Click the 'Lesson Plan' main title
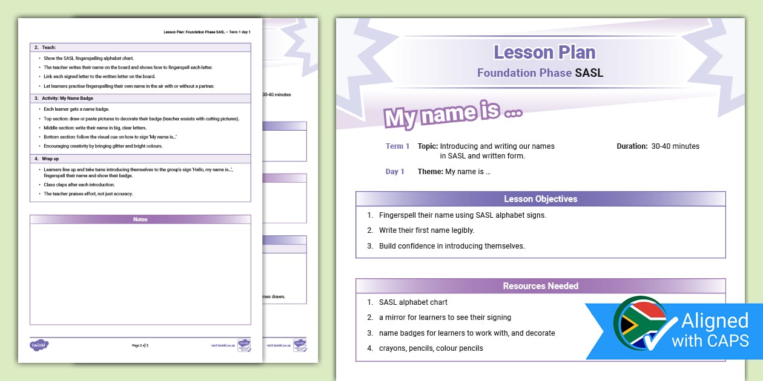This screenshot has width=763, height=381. click(x=544, y=53)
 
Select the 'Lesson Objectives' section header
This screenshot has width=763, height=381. click(x=540, y=199)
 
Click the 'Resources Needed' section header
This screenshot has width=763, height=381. click(x=540, y=286)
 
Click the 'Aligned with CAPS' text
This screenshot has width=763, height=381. click(x=715, y=330)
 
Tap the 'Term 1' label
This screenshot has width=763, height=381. click(x=398, y=146)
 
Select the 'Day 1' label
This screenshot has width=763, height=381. click(x=395, y=172)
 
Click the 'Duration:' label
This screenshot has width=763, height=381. click(x=632, y=146)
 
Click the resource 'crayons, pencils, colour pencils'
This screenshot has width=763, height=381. click(x=431, y=348)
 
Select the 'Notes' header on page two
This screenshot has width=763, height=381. click(x=140, y=220)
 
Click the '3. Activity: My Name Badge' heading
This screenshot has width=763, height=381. click(x=64, y=98)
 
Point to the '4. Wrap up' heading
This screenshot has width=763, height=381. click(x=47, y=158)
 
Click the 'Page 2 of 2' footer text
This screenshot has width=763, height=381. click(x=140, y=345)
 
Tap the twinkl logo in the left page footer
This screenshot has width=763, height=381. click(x=39, y=345)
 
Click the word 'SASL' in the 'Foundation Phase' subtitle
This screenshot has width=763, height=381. click(x=589, y=73)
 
